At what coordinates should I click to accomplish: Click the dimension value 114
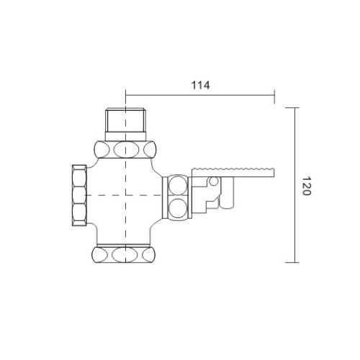click(200, 85)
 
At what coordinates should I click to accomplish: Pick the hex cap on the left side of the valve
click(77, 195)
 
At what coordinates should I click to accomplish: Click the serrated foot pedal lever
click(234, 171)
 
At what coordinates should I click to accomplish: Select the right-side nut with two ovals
click(176, 197)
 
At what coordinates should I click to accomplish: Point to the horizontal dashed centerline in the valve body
click(108, 195)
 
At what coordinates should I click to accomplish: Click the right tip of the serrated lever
click(276, 171)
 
